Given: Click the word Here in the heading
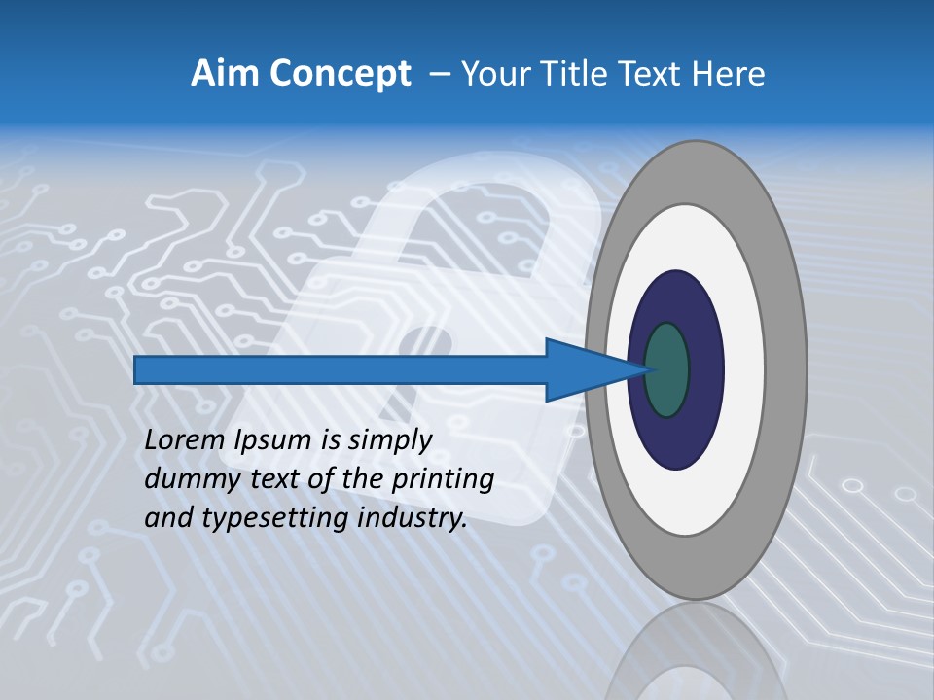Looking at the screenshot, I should tap(729, 74).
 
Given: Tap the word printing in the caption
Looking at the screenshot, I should tap(442, 479).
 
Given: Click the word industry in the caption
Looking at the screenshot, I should tap(412, 518).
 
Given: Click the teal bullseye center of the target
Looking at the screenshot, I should tap(666, 369).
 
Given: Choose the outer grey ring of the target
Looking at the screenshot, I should tap(784, 369).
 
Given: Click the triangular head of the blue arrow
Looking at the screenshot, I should tap(584, 369).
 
